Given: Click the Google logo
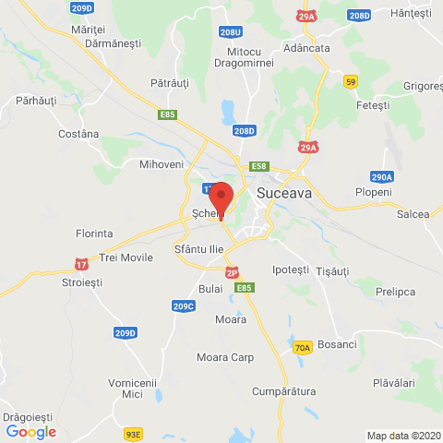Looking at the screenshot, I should pos(30,431).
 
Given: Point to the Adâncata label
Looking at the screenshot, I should pos(307,48).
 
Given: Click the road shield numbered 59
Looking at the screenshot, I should pos(351,82).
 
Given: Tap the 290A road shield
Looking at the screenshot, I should pos(382,176).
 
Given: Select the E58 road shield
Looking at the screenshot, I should pos(259,166).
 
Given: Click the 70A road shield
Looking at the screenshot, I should pos(302,347).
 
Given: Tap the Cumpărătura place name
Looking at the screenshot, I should pos(284,391).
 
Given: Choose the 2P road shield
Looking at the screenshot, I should pos(233,272).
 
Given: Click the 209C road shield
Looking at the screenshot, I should pos(184,305).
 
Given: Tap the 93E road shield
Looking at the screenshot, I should pos(134,432).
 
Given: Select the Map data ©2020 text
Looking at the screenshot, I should pos(403,436).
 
